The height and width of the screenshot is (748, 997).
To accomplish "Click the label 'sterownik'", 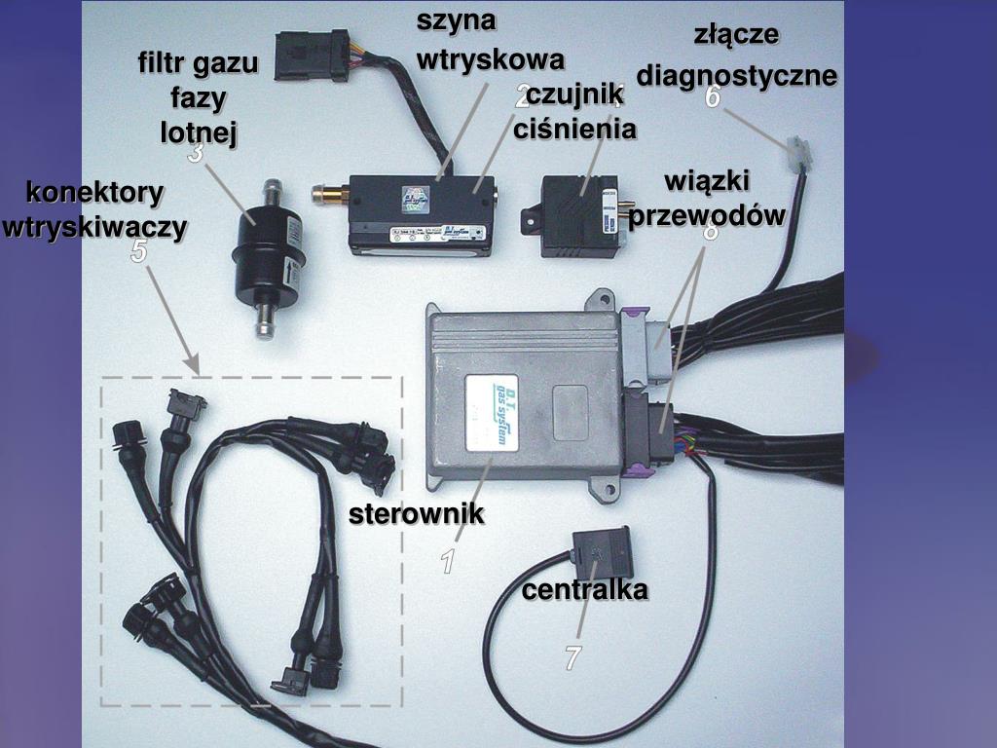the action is [417, 514].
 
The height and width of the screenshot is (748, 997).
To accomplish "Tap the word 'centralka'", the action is [584, 590].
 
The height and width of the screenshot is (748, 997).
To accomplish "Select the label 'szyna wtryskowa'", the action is [490, 41].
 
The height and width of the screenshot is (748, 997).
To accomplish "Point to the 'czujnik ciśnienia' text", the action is [575, 113].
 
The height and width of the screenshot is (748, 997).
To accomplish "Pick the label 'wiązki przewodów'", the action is [706, 199].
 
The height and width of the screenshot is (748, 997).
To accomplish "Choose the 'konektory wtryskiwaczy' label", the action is [94, 209].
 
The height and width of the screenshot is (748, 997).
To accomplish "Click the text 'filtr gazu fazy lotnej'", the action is [199, 98].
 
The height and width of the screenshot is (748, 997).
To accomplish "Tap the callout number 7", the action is [572, 658].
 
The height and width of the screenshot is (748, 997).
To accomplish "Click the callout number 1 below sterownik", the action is [447, 562].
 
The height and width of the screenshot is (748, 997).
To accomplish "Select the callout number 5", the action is [139, 252].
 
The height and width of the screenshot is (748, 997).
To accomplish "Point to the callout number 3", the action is [196, 153].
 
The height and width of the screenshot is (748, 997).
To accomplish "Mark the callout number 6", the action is [714, 96].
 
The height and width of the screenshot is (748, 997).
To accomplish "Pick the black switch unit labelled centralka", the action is [601, 552].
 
